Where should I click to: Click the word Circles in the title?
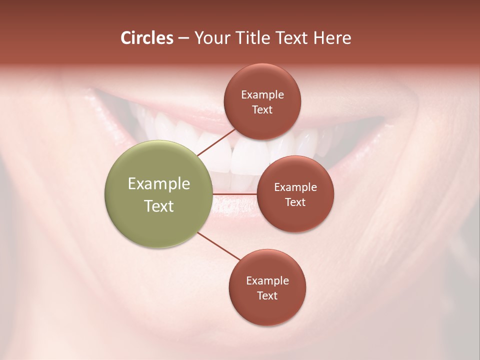click(146, 38)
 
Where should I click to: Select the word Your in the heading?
click(211, 38)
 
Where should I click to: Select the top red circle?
click(262, 80)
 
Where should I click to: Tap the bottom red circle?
click(267, 310)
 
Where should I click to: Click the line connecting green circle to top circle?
click(216, 142)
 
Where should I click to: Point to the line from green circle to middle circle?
click(234, 193)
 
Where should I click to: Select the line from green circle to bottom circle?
click(220, 247)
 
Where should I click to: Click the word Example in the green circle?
click(159, 184)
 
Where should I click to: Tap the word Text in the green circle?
click(159, 206)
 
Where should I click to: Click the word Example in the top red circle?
click(262, 94)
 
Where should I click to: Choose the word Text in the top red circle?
click(262, 109)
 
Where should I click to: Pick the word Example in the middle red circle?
click(295, 187)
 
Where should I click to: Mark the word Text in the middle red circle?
click(295, 202)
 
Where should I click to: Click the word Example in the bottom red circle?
click(267, 280)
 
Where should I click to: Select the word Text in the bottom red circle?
click(267, 295)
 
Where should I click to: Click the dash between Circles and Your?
click(183, 38)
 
